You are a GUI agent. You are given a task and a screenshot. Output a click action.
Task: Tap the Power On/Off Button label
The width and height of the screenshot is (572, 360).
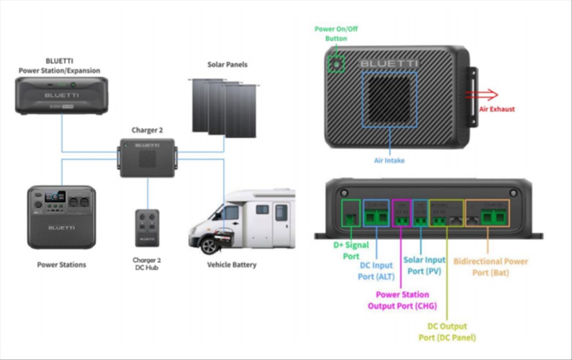click(336, 34)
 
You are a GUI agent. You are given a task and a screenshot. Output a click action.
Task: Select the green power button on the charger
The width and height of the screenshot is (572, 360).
click(337, 63)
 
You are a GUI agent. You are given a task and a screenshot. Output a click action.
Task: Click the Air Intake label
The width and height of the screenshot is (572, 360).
click(389, 161)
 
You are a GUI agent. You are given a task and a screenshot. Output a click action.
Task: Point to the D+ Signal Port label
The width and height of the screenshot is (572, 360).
click(351, 250)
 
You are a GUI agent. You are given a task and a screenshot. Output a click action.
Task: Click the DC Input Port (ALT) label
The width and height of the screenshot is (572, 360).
click(377, 270)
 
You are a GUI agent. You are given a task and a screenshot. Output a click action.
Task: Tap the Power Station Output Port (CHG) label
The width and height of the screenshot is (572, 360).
click(402, 300)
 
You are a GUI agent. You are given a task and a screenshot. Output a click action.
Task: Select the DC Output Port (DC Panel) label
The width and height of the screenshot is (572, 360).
click(447, 332)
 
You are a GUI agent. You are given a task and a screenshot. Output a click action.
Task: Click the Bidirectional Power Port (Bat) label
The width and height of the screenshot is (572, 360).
click(490, 267)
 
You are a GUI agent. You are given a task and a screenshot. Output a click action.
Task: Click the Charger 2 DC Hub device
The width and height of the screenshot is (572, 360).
click(147, 228)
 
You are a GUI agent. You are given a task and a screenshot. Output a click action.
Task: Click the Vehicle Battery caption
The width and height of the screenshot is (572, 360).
click(232, 265)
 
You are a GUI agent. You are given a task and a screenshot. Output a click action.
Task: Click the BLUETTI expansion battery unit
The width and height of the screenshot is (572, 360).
click(61, 95)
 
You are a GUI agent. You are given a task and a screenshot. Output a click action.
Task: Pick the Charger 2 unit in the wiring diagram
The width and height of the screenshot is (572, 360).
click(147, 157)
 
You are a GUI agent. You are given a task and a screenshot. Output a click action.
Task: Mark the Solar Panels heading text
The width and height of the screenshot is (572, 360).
click(227, 64)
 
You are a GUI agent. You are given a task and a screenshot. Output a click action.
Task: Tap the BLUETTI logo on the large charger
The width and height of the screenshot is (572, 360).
click(389, 63)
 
